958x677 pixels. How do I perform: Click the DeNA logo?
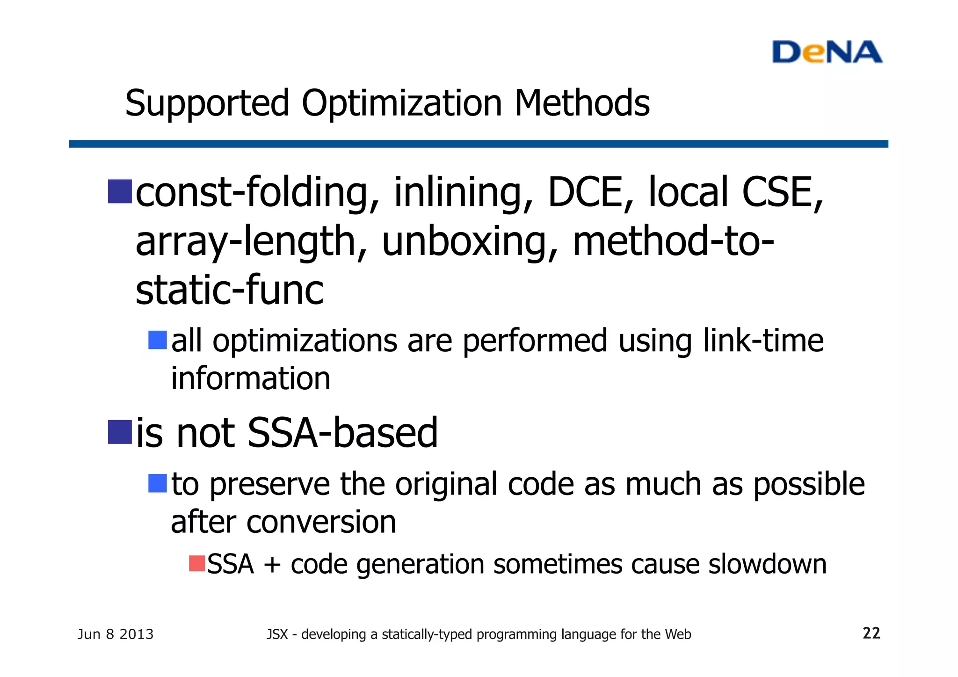pyautogui.click(x=827, y=52)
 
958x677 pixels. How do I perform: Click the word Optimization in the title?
pyautogui.click(x=402, y=103)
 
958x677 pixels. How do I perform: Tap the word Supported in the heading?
pyautogui.click(x=207, y=103)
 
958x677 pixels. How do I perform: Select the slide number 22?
pyautogui.click(x=871, y=633)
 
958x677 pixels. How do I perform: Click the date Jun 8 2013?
pyautogui.click(x=115, y=634)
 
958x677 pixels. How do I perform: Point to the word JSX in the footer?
pyautogui.click(x=277, y=634)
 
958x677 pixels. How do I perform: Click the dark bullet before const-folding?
pyautogui.click(x=120, y=192)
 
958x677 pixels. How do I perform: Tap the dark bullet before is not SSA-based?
pyautogui.click(x=120, y=432)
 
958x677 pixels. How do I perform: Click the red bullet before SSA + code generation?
pyautogui.click(x=197, y=563)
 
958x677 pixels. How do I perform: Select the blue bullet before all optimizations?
pyautogui.click(x=158, y=340)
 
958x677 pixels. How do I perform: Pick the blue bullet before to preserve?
pyautogui.click(x=158, y=483)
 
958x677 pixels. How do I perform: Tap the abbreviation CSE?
pyautogui.click(x=780, y=192)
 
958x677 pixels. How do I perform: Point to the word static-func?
pyautogui.click(x=229, y=290)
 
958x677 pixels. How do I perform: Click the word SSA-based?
pyautogui.click(x=342, y=433)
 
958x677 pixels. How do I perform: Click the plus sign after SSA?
pyautogui.click(x=272, y=565)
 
